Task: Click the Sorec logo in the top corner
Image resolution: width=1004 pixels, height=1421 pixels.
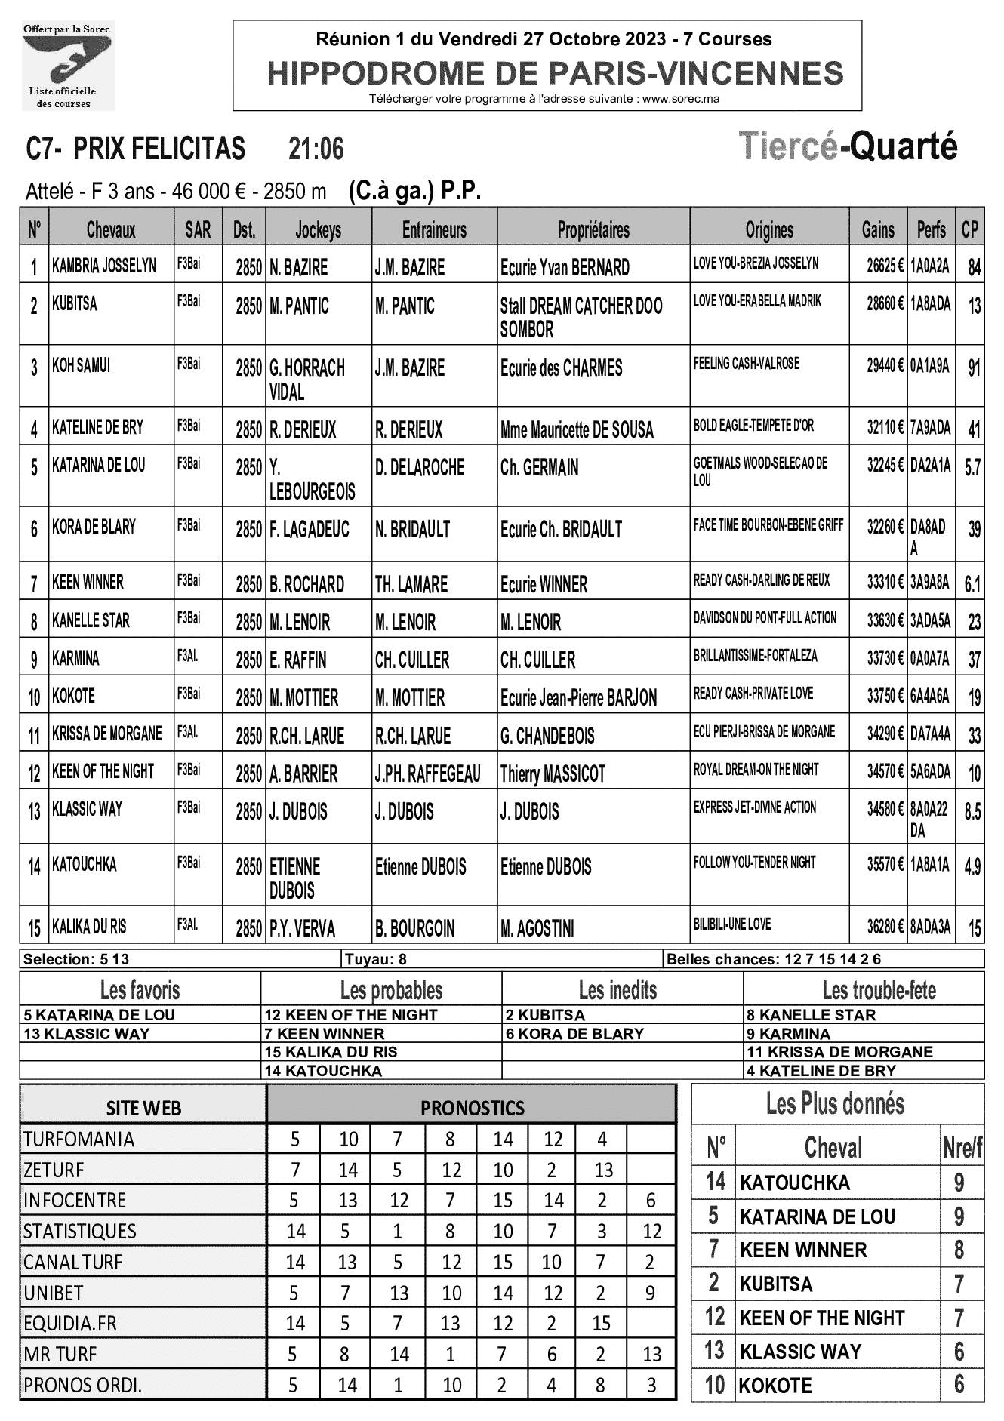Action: point(67,66)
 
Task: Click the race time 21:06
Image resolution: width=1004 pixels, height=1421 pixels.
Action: point(316,149)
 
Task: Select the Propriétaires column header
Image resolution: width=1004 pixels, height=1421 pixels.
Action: point(593,230)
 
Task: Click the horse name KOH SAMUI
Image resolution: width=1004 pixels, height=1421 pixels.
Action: point(81,366)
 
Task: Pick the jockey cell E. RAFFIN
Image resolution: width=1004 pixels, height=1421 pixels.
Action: point(298,660)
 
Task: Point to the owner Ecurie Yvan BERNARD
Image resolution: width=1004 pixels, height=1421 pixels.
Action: point(565,268)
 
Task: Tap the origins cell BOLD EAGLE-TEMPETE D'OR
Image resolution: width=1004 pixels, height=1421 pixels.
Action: point(753,426)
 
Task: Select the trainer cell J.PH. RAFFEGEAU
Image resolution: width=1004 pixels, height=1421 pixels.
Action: point(427,774)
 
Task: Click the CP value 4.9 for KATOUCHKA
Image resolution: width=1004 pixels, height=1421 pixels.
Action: point(972,867)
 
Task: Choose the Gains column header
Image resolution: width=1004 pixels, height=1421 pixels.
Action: point(878,230)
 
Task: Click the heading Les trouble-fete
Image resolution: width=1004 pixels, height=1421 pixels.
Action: point(879,990)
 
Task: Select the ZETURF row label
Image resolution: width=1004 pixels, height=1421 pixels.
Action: point(54,1170)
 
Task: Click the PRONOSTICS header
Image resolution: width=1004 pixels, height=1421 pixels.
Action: point(472,1108)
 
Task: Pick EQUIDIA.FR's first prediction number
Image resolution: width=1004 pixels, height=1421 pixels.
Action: point(295,1323)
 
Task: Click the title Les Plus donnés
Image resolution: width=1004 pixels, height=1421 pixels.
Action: point(835,1105)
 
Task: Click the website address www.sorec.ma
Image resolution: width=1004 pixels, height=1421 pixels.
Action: point(681,99)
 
